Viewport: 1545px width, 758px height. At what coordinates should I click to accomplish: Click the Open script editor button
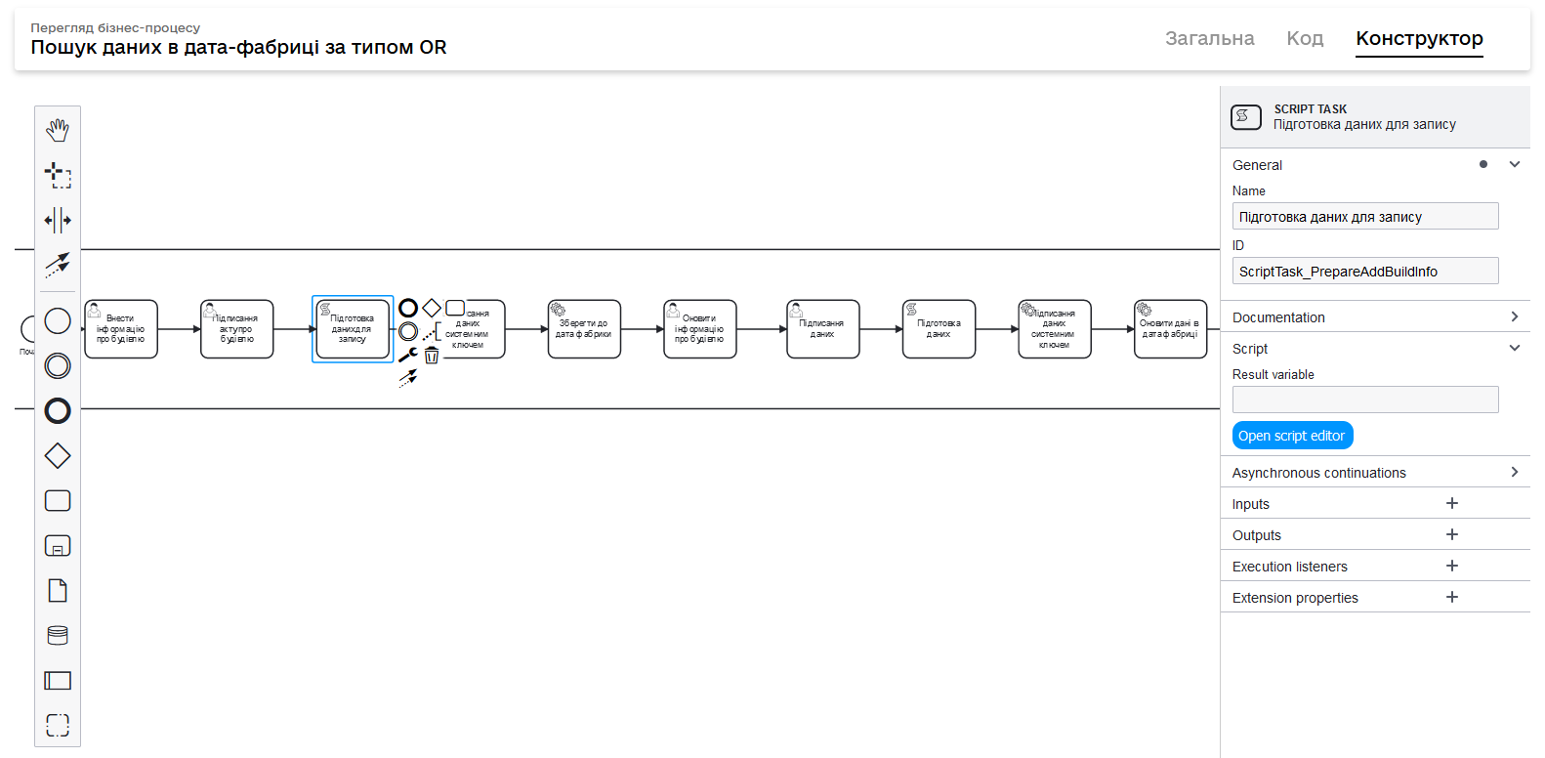pyautogui.click(x=1292, y=436)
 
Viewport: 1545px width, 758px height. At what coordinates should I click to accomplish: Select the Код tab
pyautogui.click(x=1305, y=38)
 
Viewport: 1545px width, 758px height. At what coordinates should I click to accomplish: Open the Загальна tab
pyautogui.click(x=1209, y=38)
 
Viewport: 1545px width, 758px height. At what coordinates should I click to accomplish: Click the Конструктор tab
pyautogui.click(x=1419, y=38)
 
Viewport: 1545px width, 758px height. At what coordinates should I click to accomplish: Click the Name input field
pyautogui.click(x=1364, y=216)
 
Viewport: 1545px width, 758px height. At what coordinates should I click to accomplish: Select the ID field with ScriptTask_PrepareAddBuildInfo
pyautogui.click(x=1364, y=271)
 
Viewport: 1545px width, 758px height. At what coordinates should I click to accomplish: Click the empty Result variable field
pyautogui.click(x=1364, y=400)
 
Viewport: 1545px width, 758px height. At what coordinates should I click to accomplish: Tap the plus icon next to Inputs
pyautogui.click(x=1452, y=503)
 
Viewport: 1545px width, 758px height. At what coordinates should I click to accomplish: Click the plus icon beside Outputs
pyautogui.click(x=1452, y=534)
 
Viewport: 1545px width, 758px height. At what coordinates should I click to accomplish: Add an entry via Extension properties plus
pyautogui.click(x=1452, y=597)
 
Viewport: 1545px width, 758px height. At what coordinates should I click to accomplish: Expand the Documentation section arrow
pyautogui.click(x=1514, y=316)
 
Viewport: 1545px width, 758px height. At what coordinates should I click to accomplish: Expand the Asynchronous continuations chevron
pyautogui.click(x=1514, y=472)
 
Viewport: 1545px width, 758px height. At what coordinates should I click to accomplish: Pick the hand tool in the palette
pyautogui.click(x=58, y=130)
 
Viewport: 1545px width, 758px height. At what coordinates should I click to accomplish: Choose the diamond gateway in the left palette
pyautogui.click(x=58, y=455)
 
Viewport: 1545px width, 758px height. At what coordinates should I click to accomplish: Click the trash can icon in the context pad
pyautogui.click(x=432, y=356)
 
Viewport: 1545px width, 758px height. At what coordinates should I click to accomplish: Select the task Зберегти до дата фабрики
pyautogui.click(x=584, y=329)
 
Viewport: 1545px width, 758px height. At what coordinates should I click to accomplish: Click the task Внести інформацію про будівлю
pyautogui.click(x=121, y=329)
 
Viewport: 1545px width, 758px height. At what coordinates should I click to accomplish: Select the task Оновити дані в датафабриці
pyautogui.click(x=1170, y=329)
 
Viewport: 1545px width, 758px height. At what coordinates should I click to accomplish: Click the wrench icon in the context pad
pyautogui.click(x=407, y=356)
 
